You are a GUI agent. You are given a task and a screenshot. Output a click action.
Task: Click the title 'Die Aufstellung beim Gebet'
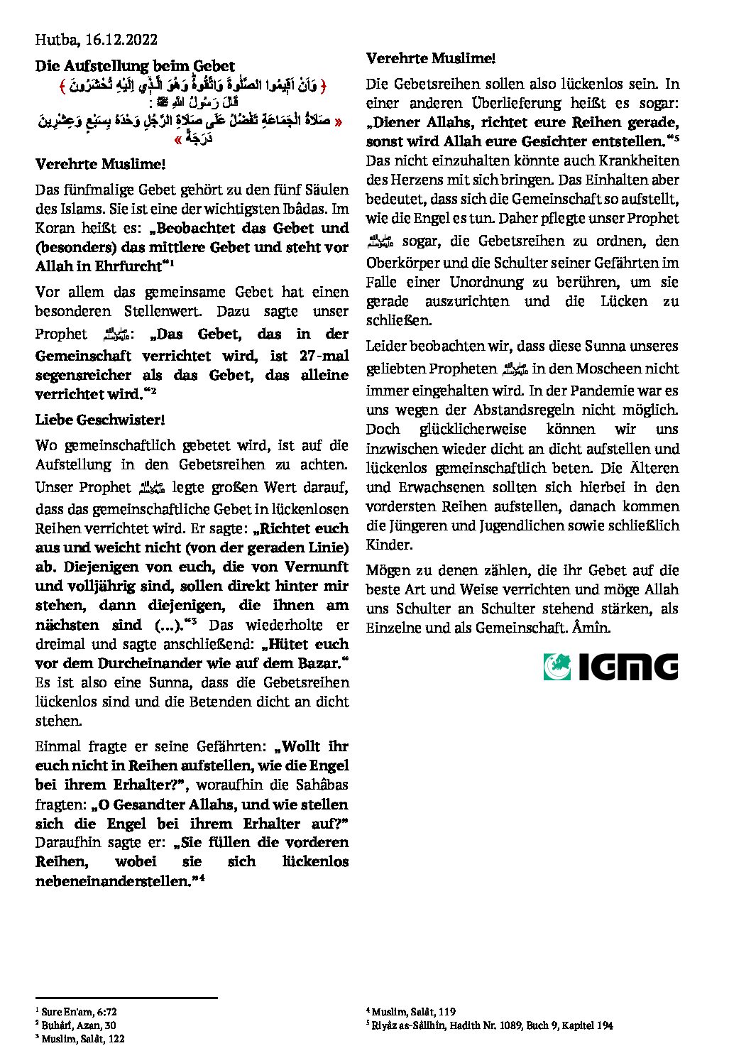[135, 66]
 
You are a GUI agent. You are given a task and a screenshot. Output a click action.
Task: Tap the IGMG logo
[610, 667]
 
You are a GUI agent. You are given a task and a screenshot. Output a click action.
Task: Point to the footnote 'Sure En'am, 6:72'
[79, 1011]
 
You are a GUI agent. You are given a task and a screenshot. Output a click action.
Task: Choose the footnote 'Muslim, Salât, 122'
[83, 1038]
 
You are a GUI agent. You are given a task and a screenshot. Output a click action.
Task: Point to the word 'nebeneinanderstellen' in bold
[111, 881]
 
